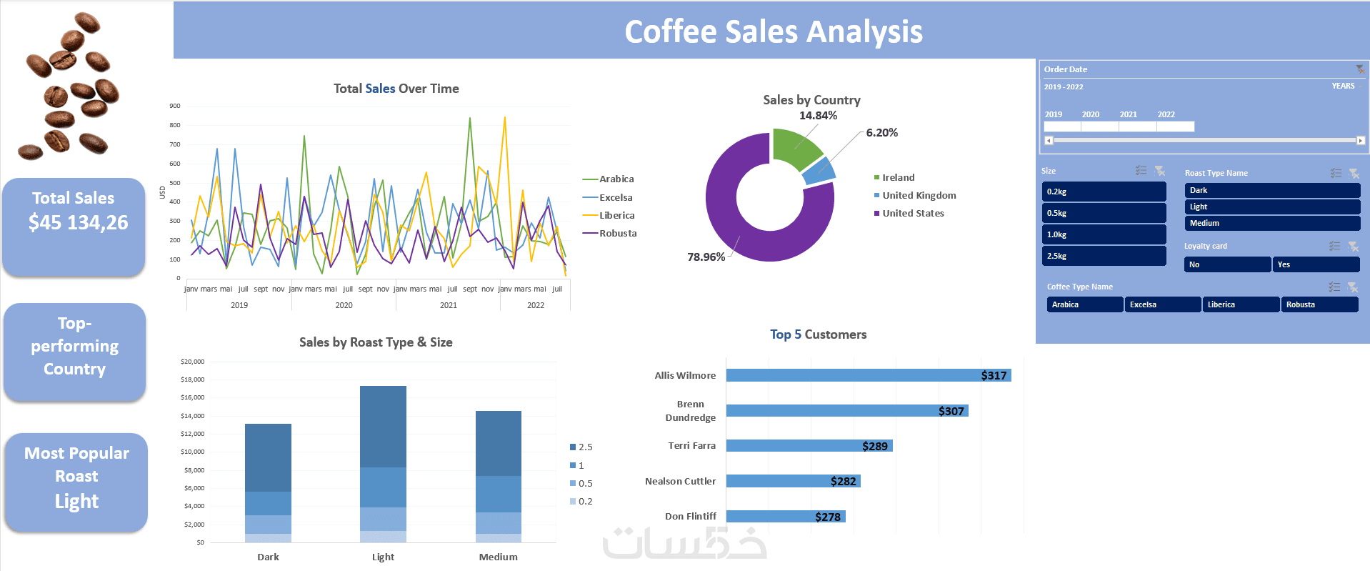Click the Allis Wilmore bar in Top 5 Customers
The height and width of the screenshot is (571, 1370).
[868, 375]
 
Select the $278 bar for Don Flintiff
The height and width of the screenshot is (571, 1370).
[786, 516]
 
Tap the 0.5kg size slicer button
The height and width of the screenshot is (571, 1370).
[1103, 213]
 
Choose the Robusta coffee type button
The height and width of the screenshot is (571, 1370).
[1319, 304]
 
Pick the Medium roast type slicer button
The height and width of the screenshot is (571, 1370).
[1271, 223]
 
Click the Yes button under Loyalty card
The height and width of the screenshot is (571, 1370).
[1316, 264]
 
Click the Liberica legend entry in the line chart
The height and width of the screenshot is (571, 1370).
[616, 215]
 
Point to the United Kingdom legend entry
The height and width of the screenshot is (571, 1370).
[919, 195]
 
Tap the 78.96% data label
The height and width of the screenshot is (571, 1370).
[706, 257]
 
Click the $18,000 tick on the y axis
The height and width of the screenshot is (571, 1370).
[192, 379]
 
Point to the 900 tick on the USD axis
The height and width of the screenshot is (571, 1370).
[175, 106]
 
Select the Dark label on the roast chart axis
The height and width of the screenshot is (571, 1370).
[268, 557]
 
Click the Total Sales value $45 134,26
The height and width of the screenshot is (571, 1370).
[78, 223]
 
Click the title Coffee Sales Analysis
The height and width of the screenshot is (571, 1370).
[773, 31]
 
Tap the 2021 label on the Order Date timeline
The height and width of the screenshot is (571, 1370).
[1128, 114]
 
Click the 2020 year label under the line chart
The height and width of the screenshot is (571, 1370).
[344, 305]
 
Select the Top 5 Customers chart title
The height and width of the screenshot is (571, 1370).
[818, 334]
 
